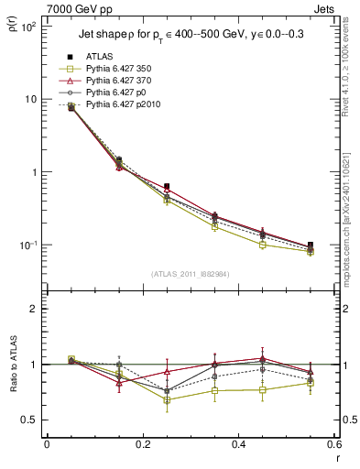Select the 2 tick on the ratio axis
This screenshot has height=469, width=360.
pyautogui.click(x=33, y=310)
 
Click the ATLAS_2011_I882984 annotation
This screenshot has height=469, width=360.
pyautogui.click(x=190, y=274)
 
